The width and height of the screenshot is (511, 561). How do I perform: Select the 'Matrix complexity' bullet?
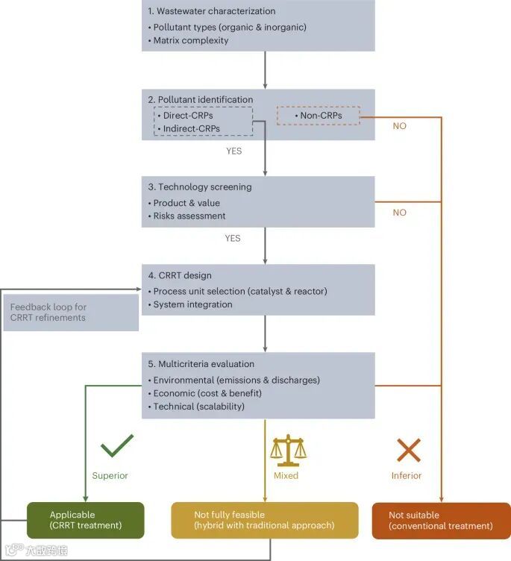[191, 40]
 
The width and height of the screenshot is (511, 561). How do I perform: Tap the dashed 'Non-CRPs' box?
[319, 116]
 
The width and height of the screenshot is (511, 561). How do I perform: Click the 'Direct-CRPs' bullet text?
[187, 116]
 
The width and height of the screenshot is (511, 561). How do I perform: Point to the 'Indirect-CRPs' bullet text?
[191, 128]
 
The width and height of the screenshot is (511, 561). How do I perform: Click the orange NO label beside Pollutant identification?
[400, 126]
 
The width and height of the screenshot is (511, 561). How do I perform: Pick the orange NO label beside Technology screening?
[400, 213]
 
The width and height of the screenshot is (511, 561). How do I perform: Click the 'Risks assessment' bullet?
[189, 216]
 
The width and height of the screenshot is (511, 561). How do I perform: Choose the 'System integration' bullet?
[192, 304]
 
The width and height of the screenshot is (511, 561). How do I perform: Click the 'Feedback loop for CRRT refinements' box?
[72, 313]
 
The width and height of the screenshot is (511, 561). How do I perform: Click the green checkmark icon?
[117, 446]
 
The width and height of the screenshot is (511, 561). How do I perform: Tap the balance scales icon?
[289, 450]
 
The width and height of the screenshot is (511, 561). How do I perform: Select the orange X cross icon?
[408, 450]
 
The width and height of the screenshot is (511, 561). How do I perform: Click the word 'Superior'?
[110, 475]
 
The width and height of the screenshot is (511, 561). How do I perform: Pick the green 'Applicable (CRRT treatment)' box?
[85, 520]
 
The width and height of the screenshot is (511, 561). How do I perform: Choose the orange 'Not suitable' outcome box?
[441, 520]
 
